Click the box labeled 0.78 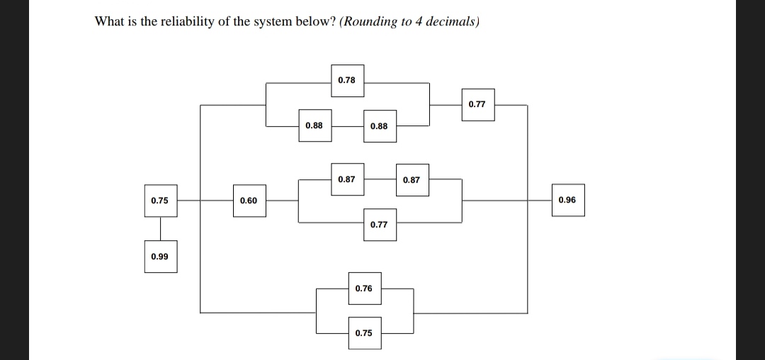click(x=347, y=80)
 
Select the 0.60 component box click(x=249, y=201)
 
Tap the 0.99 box click(x=160, y=257)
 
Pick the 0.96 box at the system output click(x=567, y=201)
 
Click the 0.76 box click(x=363, y=288)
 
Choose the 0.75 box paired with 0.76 click(x=363, y=333)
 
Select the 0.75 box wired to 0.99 click(x=160, y=201)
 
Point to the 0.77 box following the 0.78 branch click(x=477, y=104)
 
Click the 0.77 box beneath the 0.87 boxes click(x=379, y=225)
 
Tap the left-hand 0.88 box click(x=314, y=126)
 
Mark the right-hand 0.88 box click(x=379, y=126)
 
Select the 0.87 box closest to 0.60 click(x=347, y=179)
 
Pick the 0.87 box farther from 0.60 click(x=412, y=180)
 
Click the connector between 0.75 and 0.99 click(x=160, y=228)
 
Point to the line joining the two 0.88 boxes click(x=346, y=126)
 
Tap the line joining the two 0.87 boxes click(x=379, y=179)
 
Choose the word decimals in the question click(x=453, y=21)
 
